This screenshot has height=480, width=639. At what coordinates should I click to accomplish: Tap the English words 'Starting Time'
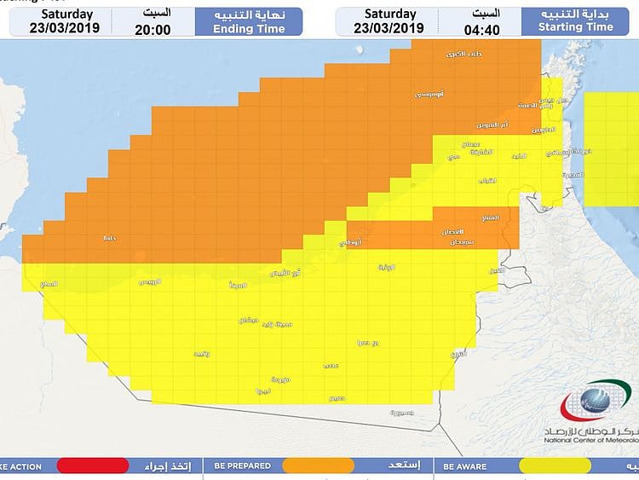[x=576, y=27]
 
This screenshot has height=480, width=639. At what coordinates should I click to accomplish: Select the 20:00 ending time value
[x=153, y=28]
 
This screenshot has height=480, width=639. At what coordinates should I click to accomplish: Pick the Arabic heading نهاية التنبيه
[x=248, y=13]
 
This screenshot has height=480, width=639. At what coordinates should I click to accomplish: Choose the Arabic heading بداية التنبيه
[x=578, y=13]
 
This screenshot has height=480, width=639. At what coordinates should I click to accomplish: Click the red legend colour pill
[x=93, y=466]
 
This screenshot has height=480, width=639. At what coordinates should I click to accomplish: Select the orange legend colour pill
[x=318, y=466]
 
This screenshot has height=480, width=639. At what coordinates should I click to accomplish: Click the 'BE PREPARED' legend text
[x=243, y=466]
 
